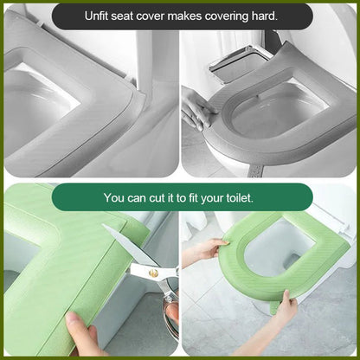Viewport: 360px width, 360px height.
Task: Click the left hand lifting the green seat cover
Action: [204, 252]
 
